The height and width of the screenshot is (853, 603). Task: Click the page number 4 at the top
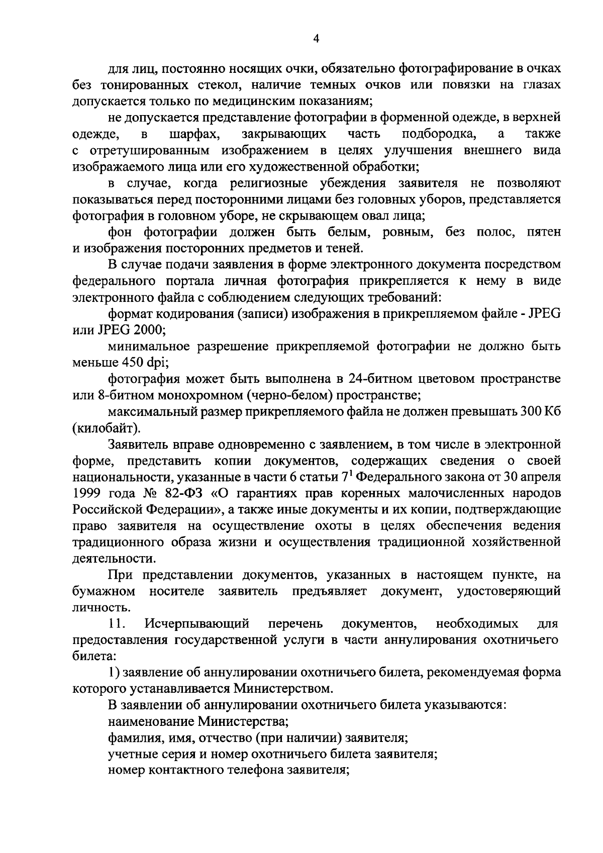point(316,39)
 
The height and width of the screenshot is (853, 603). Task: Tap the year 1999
point(88,493)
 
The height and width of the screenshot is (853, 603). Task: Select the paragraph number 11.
point(117,624)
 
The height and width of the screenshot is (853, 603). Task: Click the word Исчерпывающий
point(197,624)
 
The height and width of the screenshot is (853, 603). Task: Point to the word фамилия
point(133,739)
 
